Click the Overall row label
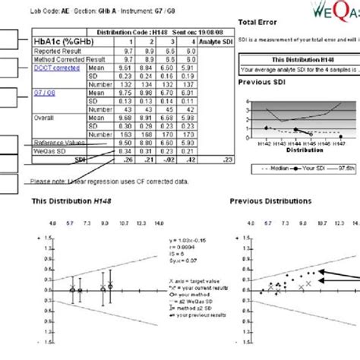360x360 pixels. point(46,118)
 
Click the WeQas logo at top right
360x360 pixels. point(334,10)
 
